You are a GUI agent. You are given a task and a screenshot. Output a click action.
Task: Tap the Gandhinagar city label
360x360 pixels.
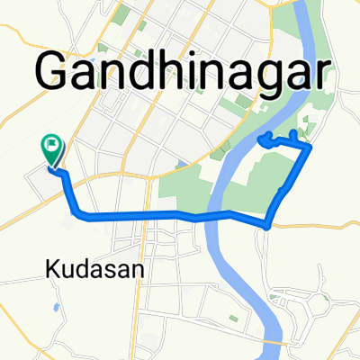pyautogui.click(x=179, y=70)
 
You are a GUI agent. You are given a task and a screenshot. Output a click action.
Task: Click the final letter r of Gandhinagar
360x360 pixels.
pyautogui.click(x=312, y=70)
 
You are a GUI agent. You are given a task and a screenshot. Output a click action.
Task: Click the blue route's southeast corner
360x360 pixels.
pyautogui.click(x=267, y=222)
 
